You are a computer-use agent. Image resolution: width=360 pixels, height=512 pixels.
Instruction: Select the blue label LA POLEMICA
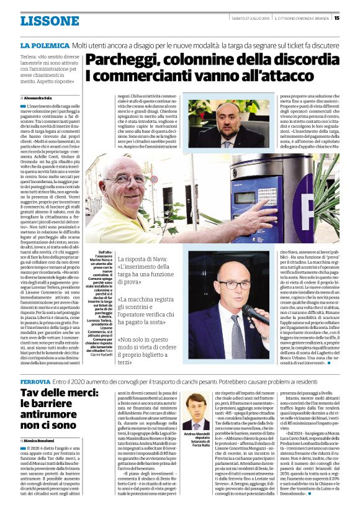44,47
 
